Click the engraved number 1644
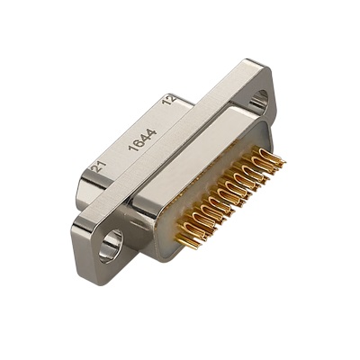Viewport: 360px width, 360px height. [x=142, y=139]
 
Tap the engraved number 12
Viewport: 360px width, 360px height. [x=169, y=99]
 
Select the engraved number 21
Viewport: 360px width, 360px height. [x=99, y=166]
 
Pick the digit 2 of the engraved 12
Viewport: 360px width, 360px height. [x=171, y=97]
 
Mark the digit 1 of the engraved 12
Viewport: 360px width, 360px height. [x=166, y=102]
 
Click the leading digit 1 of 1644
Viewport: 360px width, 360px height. [x=132, y=148]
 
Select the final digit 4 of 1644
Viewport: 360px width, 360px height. [x=152, y=132]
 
